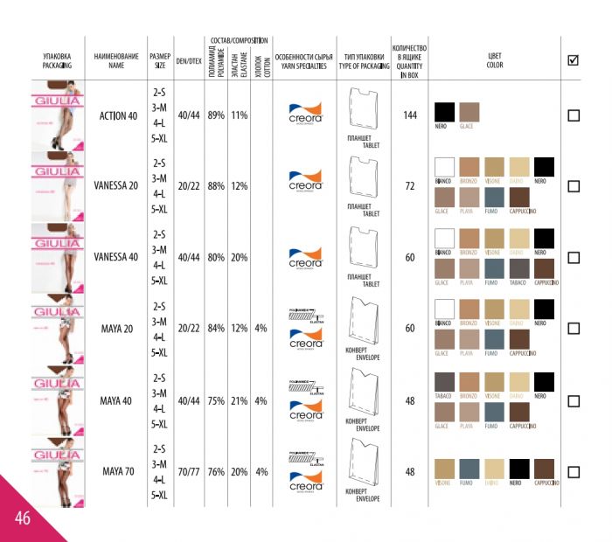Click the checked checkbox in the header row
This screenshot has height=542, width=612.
click(574, 60)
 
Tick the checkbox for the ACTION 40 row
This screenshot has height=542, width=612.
click(574, 115)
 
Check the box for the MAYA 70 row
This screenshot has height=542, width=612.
click(574, 472)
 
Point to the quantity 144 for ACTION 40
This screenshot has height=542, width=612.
click(409, 115)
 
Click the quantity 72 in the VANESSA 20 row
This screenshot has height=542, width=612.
click(409, 186)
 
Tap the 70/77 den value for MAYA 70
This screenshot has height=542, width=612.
click(188, 472)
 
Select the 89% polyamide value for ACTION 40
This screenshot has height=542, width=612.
click(216, 115)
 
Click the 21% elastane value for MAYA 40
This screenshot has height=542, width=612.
click(239, 401)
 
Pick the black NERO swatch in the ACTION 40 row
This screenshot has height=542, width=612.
click(445, 112)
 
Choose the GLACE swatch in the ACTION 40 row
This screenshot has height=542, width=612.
click(469, 112)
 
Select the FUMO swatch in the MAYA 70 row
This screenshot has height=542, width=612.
click(469, 468)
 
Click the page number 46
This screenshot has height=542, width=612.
click(22, 518)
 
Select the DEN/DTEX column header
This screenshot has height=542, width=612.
click(188, 61)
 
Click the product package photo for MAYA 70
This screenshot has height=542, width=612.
click(58, 477)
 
